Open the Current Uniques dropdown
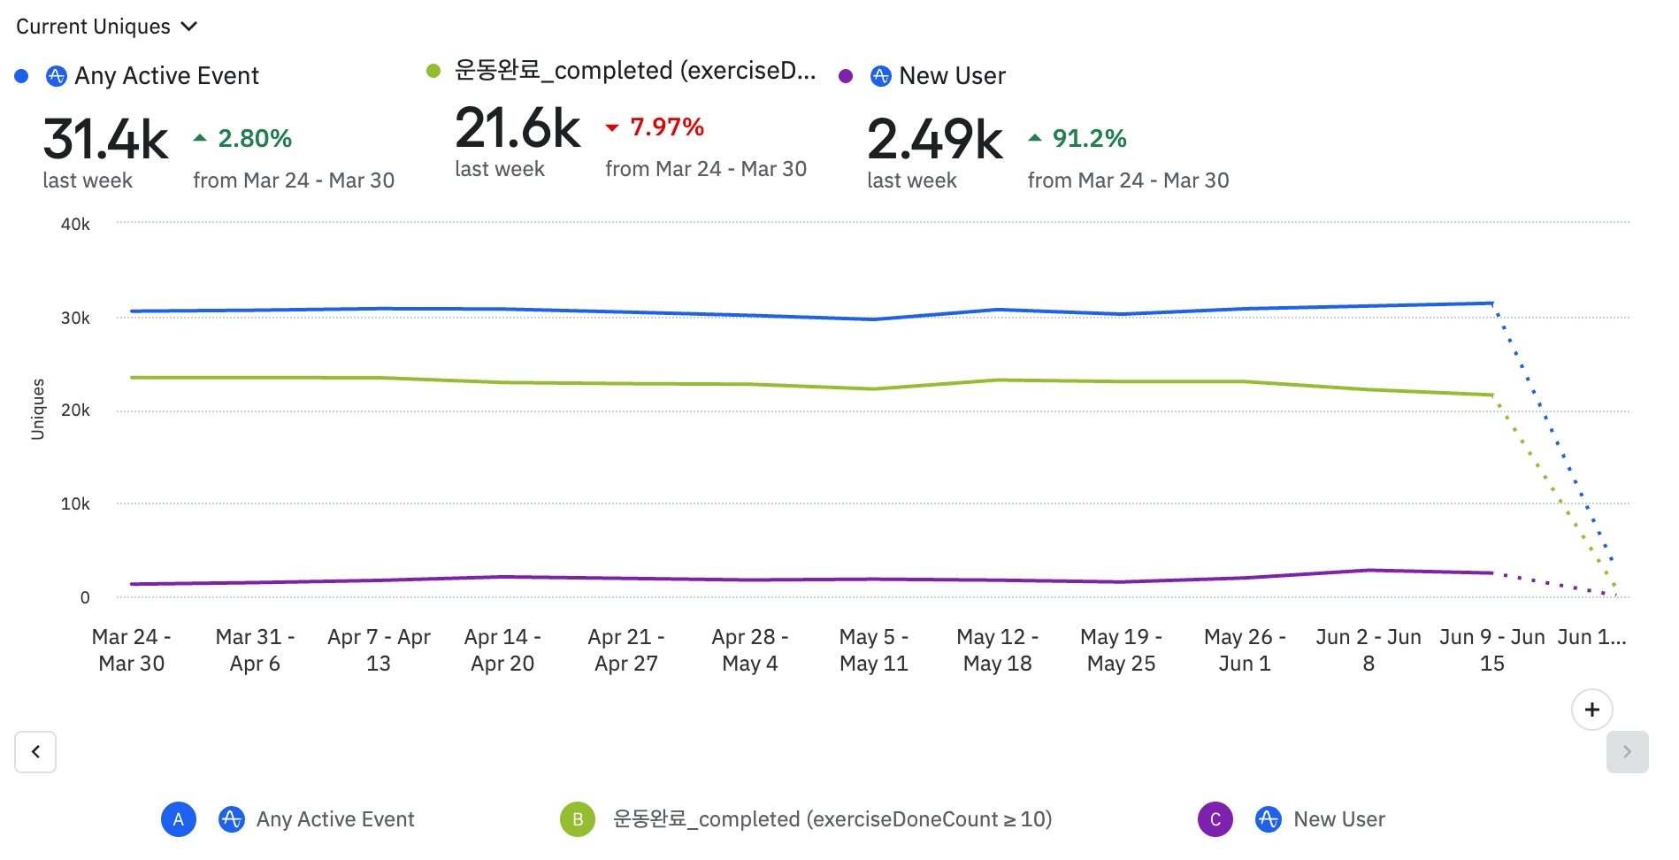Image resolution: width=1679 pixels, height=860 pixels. (x=106, y=27)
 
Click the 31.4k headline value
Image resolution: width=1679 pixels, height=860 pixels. (x=105, y=140)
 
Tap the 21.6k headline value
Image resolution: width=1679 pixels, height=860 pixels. (x=517, y=129)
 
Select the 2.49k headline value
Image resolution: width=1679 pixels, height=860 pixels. (x=934, y=140)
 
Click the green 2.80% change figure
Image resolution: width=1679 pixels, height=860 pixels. (x=254, y=139)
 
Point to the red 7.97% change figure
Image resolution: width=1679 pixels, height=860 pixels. (x=666, y=127)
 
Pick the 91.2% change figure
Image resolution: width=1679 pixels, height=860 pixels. (x=1089, y=139)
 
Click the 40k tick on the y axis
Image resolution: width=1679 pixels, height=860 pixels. (x=75, y=225)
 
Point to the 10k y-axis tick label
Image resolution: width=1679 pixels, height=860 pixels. (x=75, y=504)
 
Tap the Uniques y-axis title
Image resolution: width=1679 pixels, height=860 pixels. (x=37, y=409)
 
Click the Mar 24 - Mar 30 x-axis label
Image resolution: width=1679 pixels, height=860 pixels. (x=131, y=650)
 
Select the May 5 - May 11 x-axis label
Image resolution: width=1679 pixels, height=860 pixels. (x=873, y=650)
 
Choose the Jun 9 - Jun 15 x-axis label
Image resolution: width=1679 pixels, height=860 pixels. (x=1491, y=650)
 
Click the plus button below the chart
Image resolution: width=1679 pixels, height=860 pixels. (x=1591, y=710)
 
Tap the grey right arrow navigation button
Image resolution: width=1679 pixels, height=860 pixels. (x=1627, y=752)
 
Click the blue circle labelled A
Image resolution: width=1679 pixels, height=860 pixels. (x=178, y=819)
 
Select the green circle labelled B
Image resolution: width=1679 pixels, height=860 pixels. (x=578, y=819)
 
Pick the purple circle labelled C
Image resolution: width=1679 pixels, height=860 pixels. (x=1215, y=819)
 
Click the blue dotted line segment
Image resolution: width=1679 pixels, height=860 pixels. (x=1552, y=434)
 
